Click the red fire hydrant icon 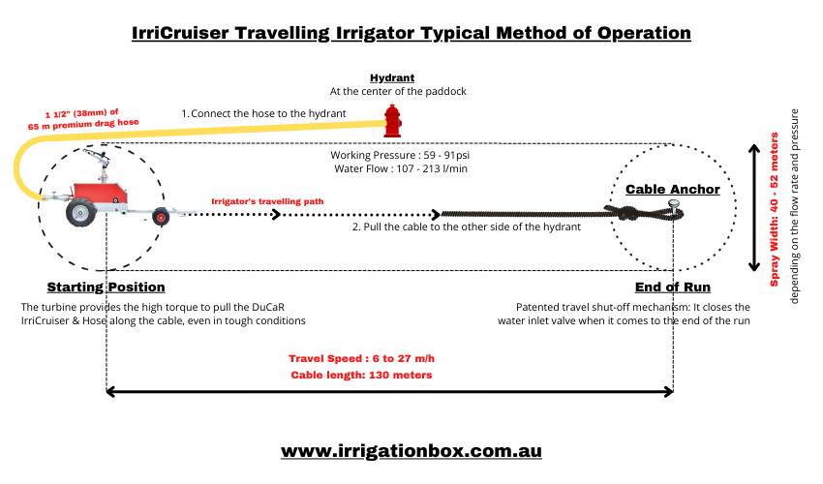tap(392, 120)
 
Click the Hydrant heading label tap(392, 77)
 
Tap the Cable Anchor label tap(673, 189)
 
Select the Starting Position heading tap(107, 287)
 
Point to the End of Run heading tap(673, 287)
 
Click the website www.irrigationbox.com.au tap(411, 451)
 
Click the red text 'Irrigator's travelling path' tap(267, 202)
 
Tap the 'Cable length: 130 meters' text tap(361, 375)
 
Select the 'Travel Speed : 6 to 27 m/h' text tap(361, 357)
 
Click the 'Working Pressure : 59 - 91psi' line tap(392, 155)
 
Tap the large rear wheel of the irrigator tap(78, 213)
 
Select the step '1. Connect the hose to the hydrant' tap(263, 113)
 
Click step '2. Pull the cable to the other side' tap(466, 227)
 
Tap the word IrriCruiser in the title tap(180, 33)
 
